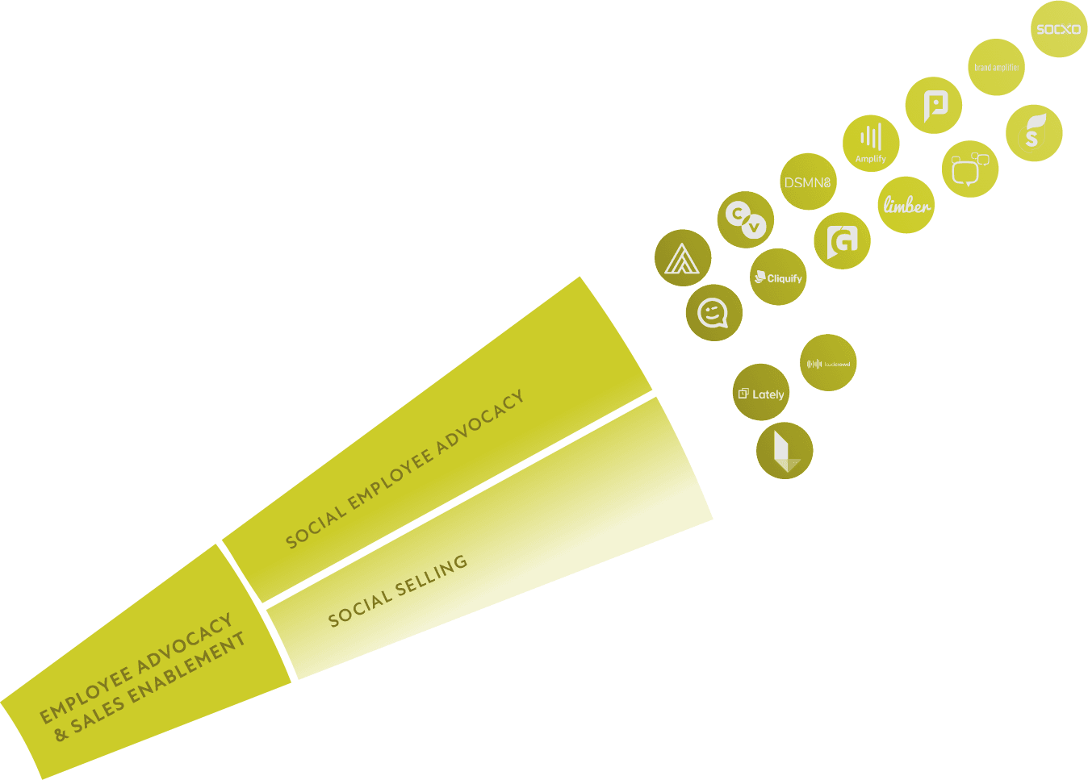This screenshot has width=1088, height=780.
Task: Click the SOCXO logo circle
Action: (x=1058, y=29)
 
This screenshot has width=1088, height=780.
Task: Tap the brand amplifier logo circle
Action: (x=997, y=68)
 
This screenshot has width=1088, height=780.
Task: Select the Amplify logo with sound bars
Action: (x=871, y=143)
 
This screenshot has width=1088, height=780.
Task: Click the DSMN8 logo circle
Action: (x=808, y=182)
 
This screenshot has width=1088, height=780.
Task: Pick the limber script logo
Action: (x=906, y=205)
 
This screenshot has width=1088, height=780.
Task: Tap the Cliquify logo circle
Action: (x=778, y=277)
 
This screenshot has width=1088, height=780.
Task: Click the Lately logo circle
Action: (x=761, y=394)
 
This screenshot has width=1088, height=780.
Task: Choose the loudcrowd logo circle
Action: (x=828, y=363)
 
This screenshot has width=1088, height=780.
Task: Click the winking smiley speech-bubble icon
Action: (x=713, y=313)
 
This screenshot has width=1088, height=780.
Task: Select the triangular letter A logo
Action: (x=683, y=259)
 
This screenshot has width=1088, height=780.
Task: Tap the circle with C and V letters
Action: (x=745, y=219)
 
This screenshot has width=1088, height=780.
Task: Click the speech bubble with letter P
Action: (x=934, y=105)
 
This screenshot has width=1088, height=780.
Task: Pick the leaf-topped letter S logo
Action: (x=1034, y=133)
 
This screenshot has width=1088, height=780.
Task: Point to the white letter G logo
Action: (x=842, y=240)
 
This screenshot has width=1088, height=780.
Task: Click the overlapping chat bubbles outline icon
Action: (x=969, y=169)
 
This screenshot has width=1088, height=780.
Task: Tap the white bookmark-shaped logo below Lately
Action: (x=785, y=451)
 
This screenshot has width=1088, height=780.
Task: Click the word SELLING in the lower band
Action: (x=431, y=578)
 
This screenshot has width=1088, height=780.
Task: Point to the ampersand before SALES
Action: (x=61, y=734)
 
